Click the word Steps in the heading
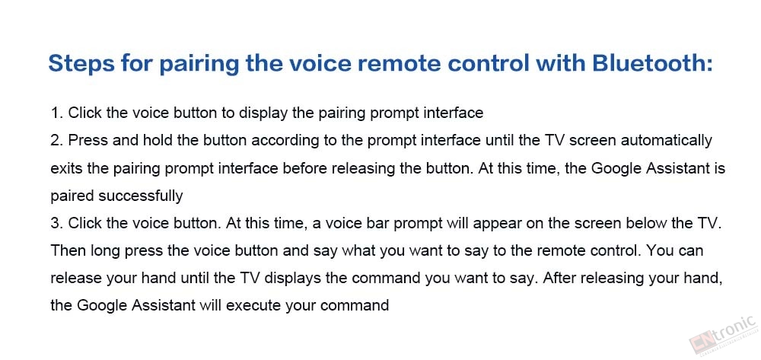[x=77, y=64]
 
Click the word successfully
[x=141, y=197]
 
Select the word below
[x=649, y=224]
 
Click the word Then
[x=68, y=251]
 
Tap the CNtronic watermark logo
[x=723, y=335]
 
